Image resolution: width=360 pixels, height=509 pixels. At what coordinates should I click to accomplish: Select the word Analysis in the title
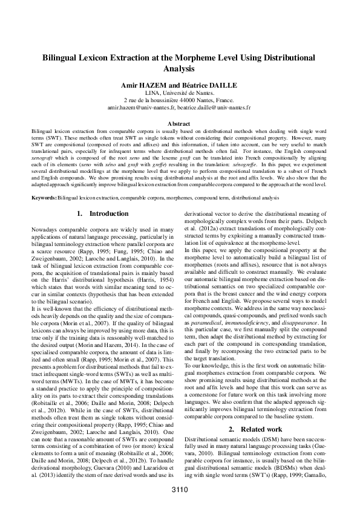[180, 69]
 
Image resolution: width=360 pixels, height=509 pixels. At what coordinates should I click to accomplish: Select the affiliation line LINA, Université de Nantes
[180, 93]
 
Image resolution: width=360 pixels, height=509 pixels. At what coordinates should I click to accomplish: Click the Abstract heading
[180, 123]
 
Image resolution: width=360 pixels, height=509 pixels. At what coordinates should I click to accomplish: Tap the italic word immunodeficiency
[255, 323]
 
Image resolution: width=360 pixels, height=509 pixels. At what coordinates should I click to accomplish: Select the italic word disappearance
[304, 323]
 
